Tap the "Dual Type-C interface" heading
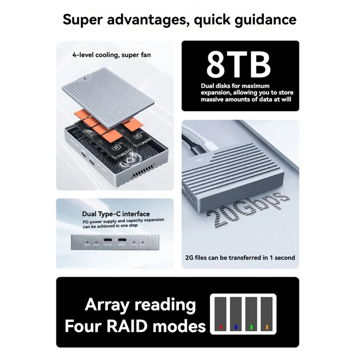click(x=116, y=214)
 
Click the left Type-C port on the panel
click(x=108, y=246)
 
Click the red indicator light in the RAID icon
click(x=220, y=326)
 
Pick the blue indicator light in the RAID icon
click(x=236, y=326)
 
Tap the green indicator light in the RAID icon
click(x=252, y=326)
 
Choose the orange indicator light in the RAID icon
click(x=267, y=326)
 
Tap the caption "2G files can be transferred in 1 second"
click(x=240, y=258)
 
